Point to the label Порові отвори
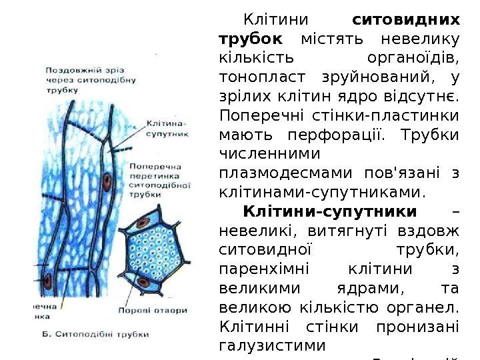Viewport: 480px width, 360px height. pos(157,309)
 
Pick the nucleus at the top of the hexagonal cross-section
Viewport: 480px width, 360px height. pos(142,221)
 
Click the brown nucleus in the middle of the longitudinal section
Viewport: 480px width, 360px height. pos(107,180)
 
